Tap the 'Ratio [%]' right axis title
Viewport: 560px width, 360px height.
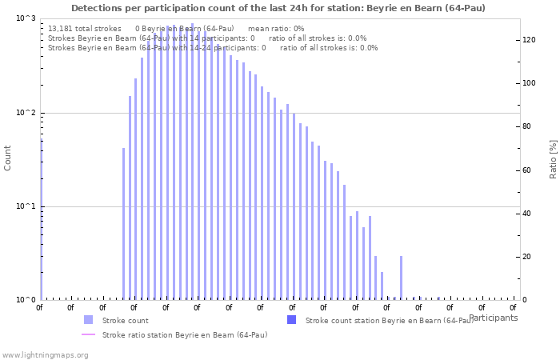point(552,158)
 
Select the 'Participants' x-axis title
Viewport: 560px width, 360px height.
point(493,318)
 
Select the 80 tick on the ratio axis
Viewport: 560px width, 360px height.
point(528,126)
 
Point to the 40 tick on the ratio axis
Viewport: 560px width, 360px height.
point(528,214)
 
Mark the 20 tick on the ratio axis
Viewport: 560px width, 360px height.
point(528,257)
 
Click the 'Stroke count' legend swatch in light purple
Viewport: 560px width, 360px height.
point(88,320)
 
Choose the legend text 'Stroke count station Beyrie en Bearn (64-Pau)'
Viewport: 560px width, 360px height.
point(389,320)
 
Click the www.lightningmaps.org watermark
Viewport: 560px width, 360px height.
point(45,354)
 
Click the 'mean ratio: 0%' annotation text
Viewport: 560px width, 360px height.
point(276,28)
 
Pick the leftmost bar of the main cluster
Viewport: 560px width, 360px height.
point(123,224)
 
